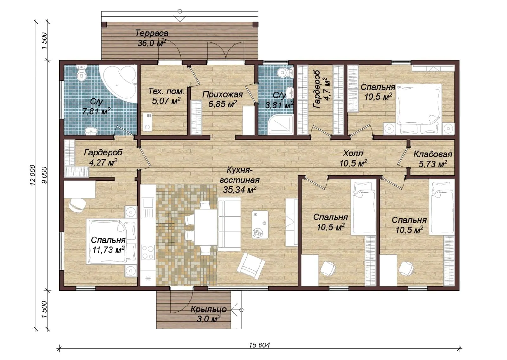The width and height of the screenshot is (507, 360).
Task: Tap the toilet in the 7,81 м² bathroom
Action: [81, 73]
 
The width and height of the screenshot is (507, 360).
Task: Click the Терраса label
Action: [152, 33]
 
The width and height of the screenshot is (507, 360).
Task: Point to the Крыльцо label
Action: [209, 309]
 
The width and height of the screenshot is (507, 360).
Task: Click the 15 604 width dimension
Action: [260, 345]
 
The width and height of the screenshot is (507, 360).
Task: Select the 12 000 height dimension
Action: [33, 175]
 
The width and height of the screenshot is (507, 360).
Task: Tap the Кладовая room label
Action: [433, 154]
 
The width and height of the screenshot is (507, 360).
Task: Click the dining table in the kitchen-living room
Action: [206, 227]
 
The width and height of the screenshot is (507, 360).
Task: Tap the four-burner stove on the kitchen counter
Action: [148, 252]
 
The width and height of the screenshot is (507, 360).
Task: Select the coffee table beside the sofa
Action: [260, 224]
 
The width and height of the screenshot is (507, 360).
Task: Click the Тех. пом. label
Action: [166, 92]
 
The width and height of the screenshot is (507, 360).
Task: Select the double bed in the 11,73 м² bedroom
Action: [111, 242]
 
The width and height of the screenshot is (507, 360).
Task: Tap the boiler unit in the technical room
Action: [147, 122]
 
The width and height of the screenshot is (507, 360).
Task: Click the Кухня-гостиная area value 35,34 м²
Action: [240, 190]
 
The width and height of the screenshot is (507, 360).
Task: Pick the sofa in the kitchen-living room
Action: [229, 224]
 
